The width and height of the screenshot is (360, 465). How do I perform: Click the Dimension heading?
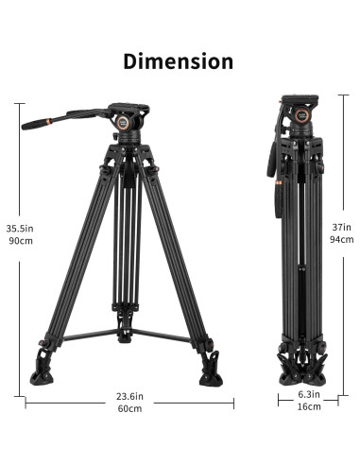[179, 61]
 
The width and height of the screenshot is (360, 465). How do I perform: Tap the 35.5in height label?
[20, 228]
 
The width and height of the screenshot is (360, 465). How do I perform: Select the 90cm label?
[21, 241]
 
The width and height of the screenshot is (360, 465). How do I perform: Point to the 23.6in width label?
[129, 396]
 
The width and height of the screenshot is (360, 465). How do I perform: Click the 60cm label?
[129, 408]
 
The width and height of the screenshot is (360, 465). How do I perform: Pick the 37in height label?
[341, 227]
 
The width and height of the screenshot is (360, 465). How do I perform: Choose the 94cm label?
[342, 239]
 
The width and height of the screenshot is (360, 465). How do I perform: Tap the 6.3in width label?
[309, 394]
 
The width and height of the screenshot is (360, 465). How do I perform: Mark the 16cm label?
[309, 406]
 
